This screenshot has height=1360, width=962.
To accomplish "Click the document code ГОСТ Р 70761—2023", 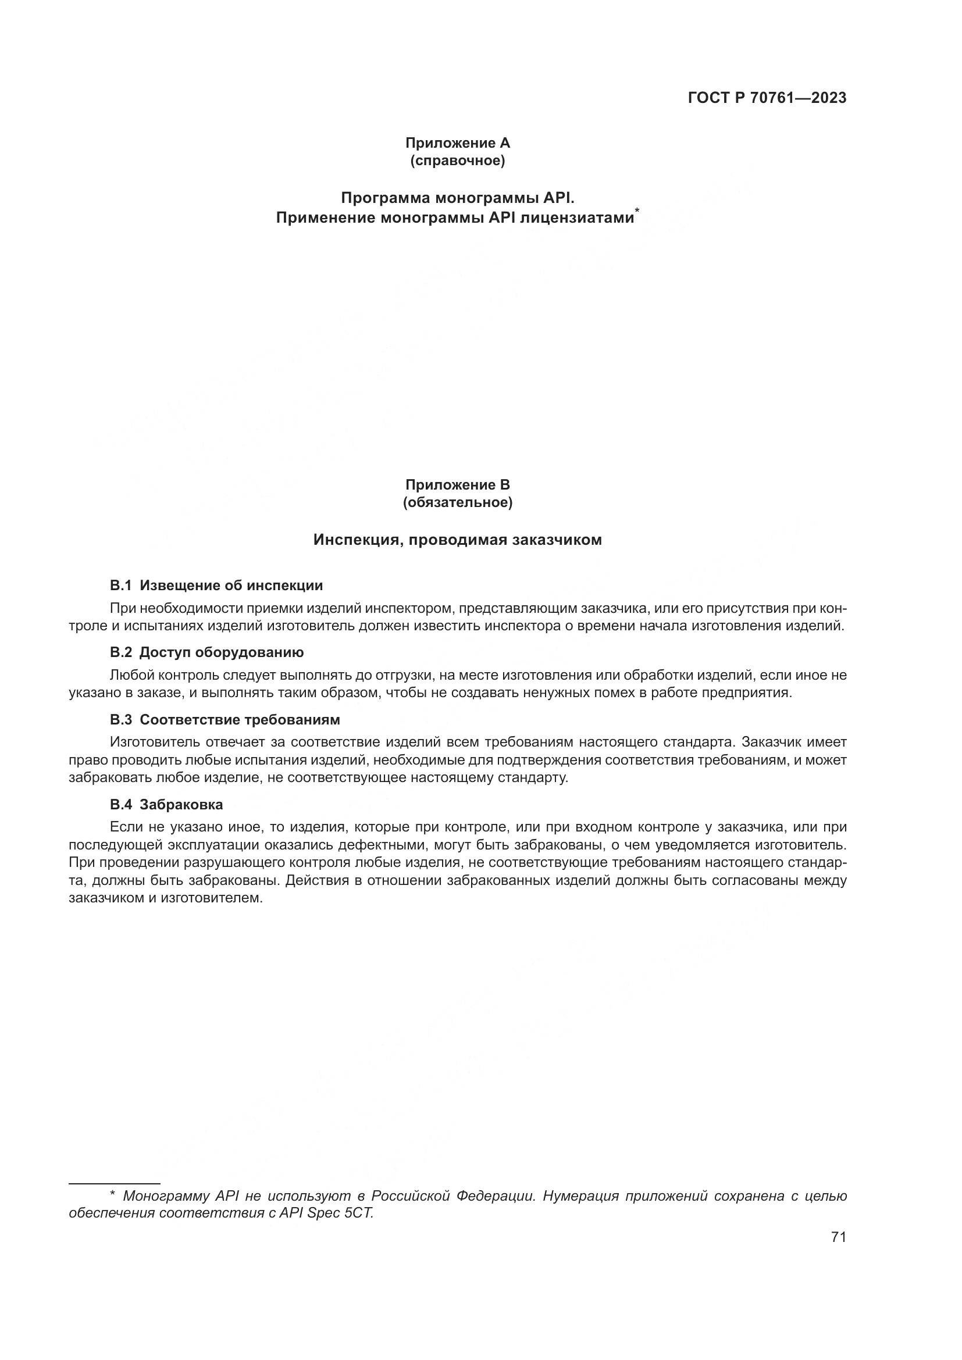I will point(767,98).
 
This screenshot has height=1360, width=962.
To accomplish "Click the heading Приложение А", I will point(457,143).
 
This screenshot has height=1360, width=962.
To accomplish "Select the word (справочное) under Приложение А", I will point(457,160).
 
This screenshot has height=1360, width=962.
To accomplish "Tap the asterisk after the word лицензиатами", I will point(637,212).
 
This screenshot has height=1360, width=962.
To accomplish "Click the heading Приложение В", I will point(457,484).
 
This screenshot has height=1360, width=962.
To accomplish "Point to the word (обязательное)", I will point(457,503).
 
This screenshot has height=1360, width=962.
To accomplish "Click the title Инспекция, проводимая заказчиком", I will point(457,540).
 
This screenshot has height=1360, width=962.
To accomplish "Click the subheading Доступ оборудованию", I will point(222,653).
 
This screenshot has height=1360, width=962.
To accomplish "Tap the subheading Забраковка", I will point(181,804).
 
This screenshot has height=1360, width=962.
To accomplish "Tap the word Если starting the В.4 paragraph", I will point(123,827).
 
